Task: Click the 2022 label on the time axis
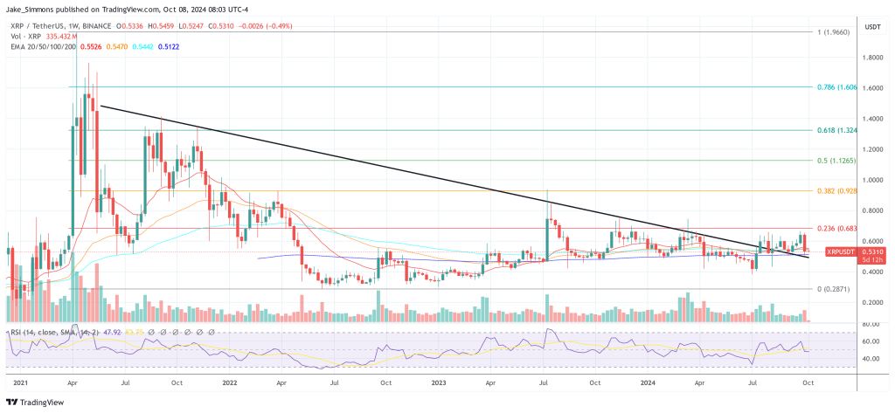tap(230, 382)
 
